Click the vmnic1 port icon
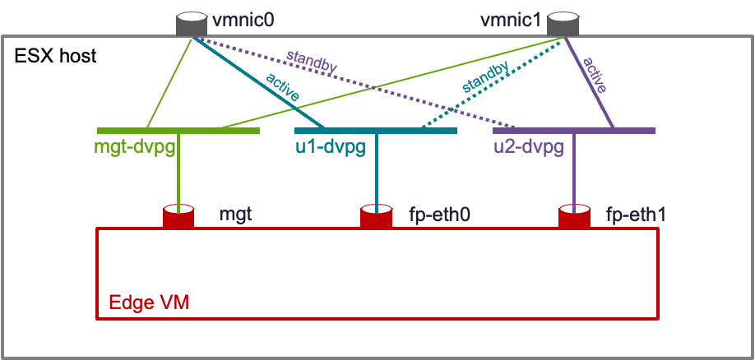(563, 24)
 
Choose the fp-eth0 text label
(440, 215)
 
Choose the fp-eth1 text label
(636, 215)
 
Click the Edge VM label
(149, 302)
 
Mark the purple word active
(595, 76)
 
